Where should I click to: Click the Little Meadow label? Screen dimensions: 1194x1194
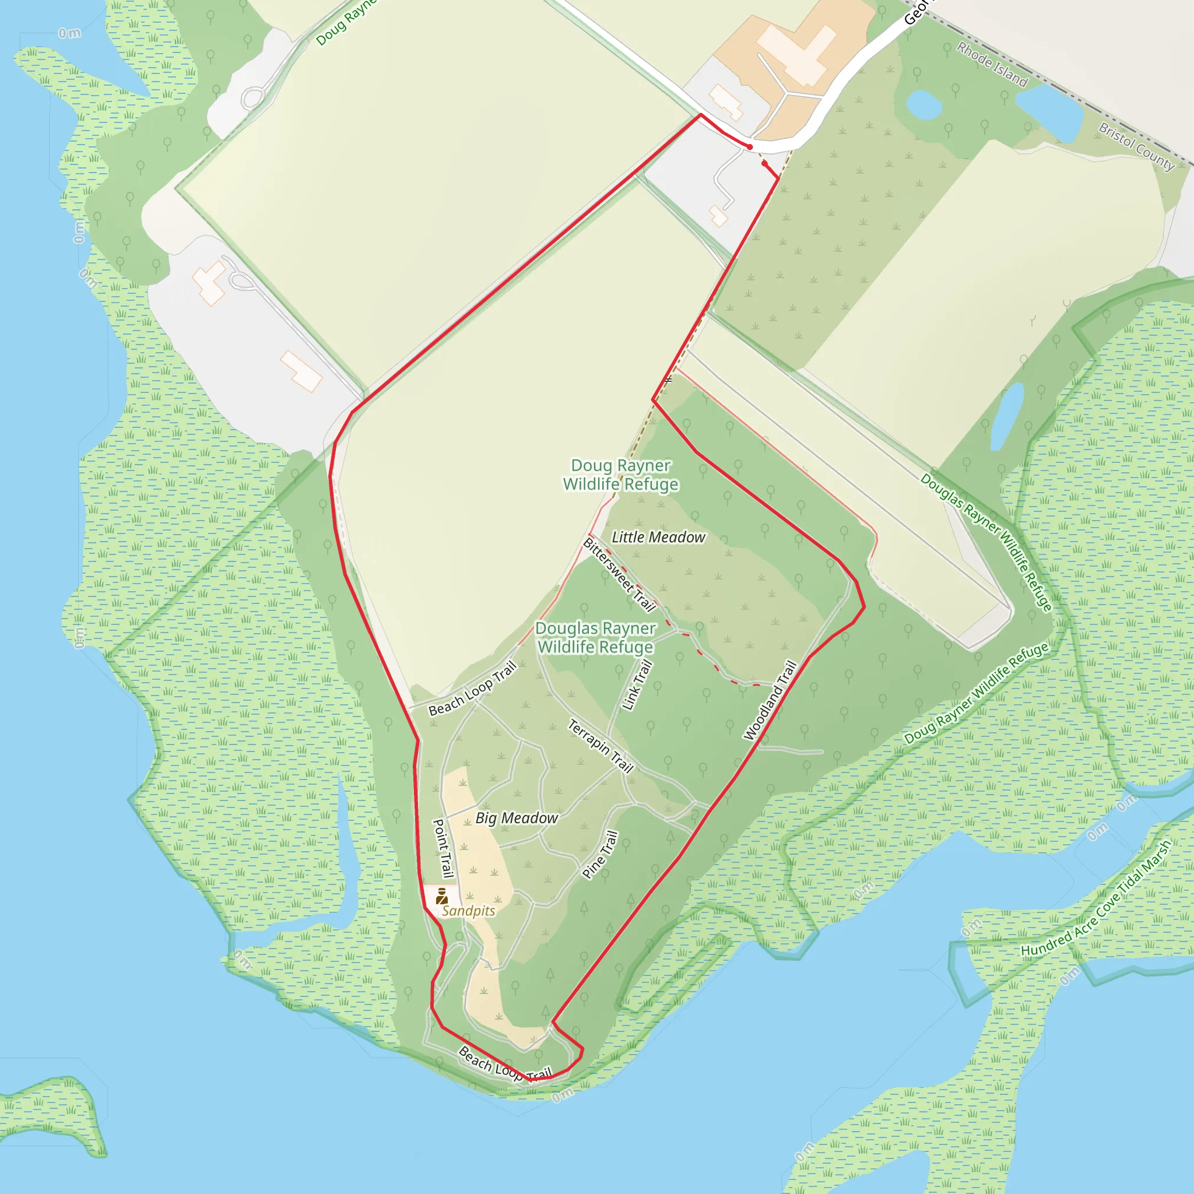pos(658,538)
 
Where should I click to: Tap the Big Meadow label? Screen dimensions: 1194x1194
pos(517,818)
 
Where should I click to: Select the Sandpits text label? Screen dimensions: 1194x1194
pos(469,911)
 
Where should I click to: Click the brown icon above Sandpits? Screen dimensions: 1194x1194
pos(441,895)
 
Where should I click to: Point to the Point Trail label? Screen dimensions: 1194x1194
pos(443,848)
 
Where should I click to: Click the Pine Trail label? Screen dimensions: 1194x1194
pos(600,855)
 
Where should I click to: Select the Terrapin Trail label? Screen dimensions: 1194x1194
pos(600,746)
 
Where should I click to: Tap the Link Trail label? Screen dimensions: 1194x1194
pos(637,685)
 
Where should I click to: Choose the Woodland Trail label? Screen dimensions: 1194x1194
pos(770,700)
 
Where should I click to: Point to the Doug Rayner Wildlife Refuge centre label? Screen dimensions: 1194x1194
pos(620,475)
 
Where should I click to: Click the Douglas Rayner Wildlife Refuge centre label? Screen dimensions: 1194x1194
pos(595,637)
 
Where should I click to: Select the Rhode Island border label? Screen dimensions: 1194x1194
pos(992,64)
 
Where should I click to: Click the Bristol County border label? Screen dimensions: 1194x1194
pos(1136,146)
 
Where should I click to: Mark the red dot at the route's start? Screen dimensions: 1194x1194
pos(750,147)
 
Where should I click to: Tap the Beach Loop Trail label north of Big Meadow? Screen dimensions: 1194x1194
pos(472,689)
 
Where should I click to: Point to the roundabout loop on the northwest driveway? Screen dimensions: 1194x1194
pos(253,97)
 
